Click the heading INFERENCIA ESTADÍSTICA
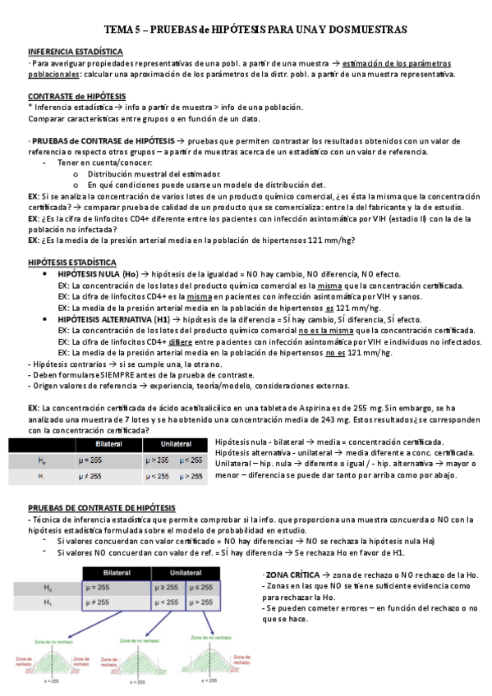click(70, 51)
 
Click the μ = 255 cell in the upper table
click(91, 460)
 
